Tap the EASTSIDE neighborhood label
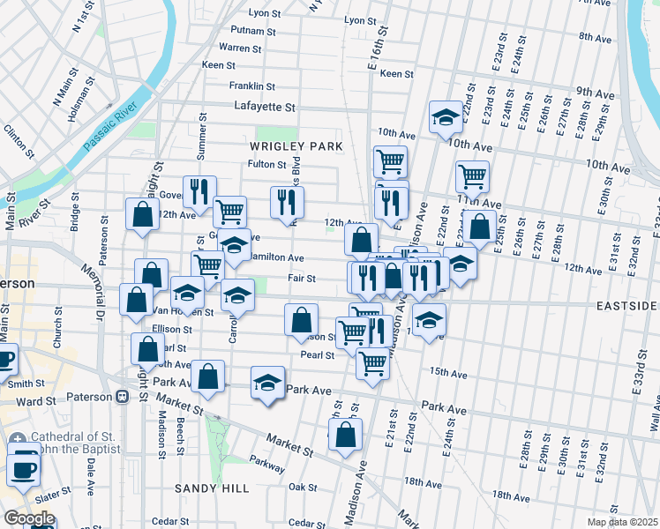point(626,305)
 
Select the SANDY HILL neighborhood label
point(212,488)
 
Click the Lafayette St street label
point(264,107)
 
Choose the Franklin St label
point(252,86)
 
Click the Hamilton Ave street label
point(276,257)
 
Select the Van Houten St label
point(184,312)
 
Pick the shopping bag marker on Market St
point(345,435)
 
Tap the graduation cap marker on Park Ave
point(267,384)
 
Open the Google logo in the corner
point(29,518)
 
